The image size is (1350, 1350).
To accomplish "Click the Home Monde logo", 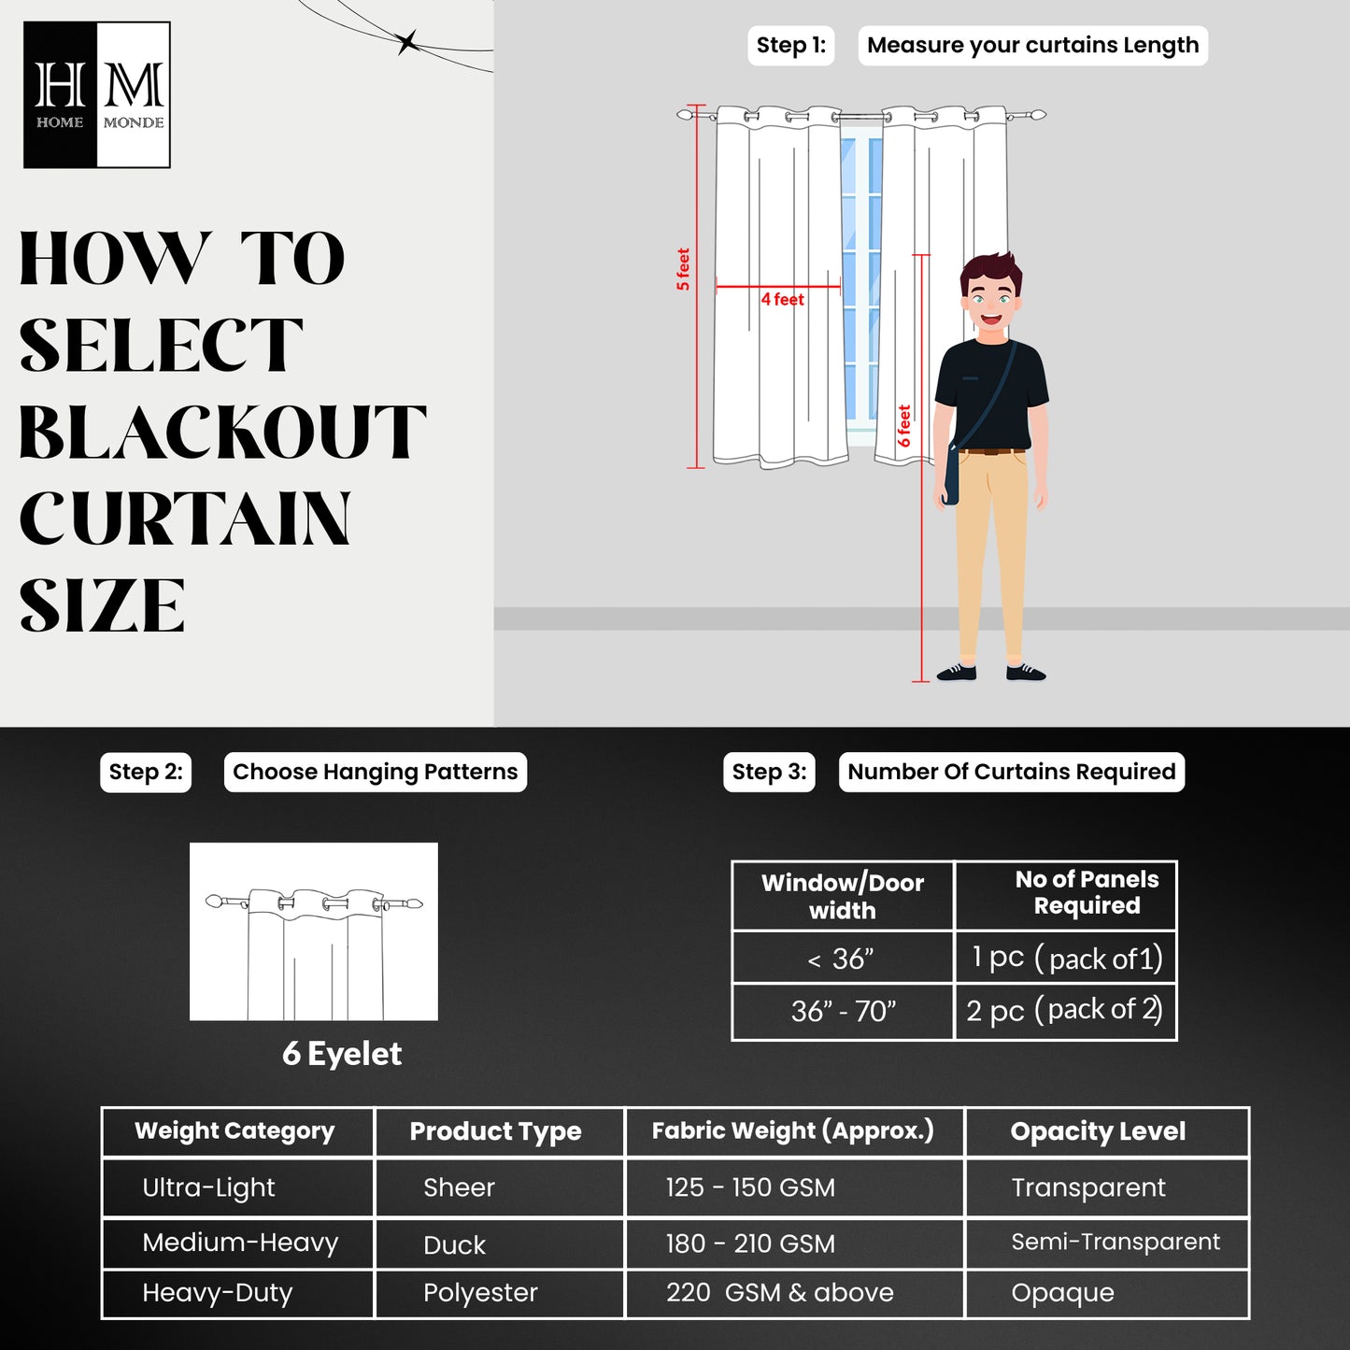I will point(97,95).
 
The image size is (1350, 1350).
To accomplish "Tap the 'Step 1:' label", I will point(790,46).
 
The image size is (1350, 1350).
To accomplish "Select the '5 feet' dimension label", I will point(683,269).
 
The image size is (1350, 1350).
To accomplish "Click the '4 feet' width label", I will point(782,300).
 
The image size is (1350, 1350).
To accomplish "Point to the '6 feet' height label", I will point(904,425).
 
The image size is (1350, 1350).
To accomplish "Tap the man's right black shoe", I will point(1025,672).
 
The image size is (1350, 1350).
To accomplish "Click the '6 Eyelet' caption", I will point(342,1054).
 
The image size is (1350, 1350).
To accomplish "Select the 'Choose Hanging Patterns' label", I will point(375,772).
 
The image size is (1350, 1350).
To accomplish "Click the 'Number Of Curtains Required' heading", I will point(1011,772).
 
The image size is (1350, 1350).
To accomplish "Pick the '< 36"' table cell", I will point(842,959).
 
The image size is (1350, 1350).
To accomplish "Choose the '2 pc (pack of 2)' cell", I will point(1064,1011).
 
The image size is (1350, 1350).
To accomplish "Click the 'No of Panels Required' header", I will point(1086,893).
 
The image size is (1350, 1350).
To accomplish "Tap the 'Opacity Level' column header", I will point(1098,1131).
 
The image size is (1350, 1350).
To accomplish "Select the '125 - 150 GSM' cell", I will point(750,1187).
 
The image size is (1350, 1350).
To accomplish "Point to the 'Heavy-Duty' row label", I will point(217,1293).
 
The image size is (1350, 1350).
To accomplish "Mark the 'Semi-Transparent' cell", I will point(1116,1242).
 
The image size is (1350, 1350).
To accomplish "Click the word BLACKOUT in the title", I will point(222,433).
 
